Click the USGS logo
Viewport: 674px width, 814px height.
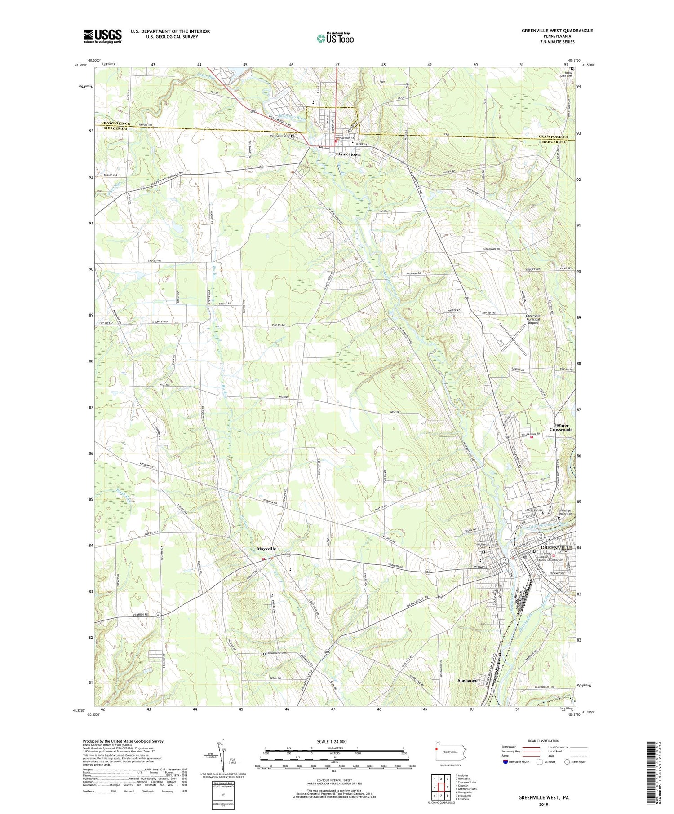102,36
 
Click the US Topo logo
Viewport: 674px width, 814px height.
335,39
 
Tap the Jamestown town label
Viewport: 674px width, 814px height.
349,154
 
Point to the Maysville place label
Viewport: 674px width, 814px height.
266,549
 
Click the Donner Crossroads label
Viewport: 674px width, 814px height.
561,427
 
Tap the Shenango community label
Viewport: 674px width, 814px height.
467,680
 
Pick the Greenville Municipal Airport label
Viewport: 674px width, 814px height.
538,319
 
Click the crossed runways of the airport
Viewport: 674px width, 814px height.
513,337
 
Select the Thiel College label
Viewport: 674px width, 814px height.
535,510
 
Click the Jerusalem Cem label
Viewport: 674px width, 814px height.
276,653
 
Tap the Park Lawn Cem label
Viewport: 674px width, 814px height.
279,136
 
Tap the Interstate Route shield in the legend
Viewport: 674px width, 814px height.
505,762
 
